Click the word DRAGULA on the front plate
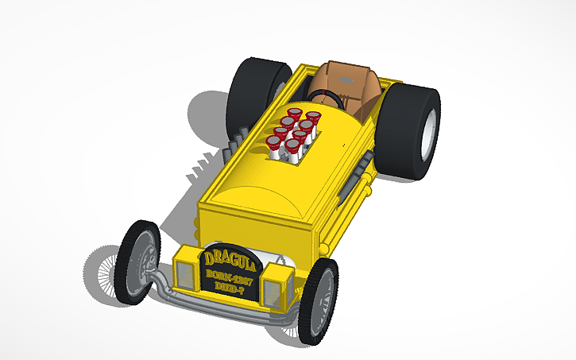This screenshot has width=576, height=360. pyautogui.click(x=230, y=257)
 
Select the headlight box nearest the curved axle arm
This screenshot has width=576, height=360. pyautogui.click(x=186, y=269)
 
